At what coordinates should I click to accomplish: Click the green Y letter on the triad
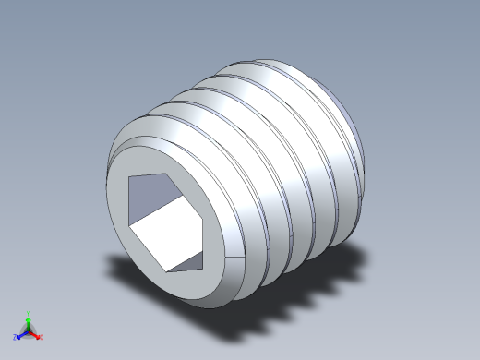click(29, 313)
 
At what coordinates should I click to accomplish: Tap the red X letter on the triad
click(42, 337)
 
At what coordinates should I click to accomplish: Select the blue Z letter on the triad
click(15, 337)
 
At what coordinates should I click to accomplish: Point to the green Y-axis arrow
click(29, 321)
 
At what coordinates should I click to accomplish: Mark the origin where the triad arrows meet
click(29, 330)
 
